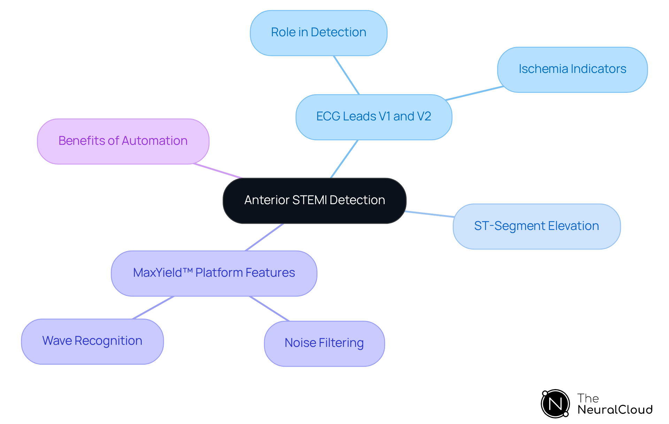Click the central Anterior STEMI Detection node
314,201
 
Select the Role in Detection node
318,33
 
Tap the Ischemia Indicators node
572,69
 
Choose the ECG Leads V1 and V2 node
374,117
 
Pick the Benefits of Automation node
123,141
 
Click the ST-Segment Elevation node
537,226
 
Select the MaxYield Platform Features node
214,273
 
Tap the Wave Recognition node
92,341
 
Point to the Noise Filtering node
324,343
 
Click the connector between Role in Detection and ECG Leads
346,75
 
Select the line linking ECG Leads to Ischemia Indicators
474,93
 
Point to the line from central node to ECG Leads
344,159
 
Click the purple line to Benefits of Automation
218,171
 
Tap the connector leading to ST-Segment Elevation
430,214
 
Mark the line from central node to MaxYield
264,237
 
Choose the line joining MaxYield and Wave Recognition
153,307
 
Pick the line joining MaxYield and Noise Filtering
269,308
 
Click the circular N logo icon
555,404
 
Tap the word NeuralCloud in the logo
615,409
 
